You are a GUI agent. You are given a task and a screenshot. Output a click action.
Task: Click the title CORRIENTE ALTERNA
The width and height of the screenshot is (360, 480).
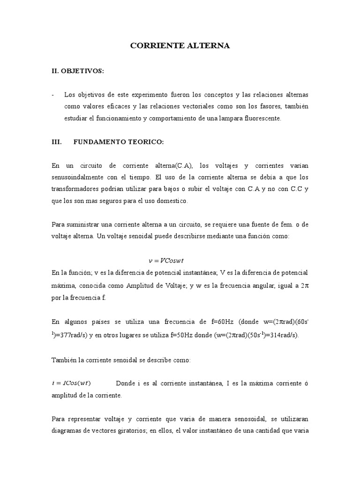pyautogui.click(x=180, y=46)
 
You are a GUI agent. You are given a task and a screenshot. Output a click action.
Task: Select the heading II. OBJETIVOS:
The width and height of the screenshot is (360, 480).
pyautogui.click(x=77, y=71)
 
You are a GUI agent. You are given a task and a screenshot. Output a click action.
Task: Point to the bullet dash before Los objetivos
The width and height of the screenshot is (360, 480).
pyautogui.click(x=53, y=95)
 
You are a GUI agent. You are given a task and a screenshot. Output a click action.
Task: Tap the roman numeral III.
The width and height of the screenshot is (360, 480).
pyautogui.click(x=57, y=142)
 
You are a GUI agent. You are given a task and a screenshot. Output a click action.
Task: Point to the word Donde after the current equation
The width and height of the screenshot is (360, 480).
pyautogui.click(x=125, y=383)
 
